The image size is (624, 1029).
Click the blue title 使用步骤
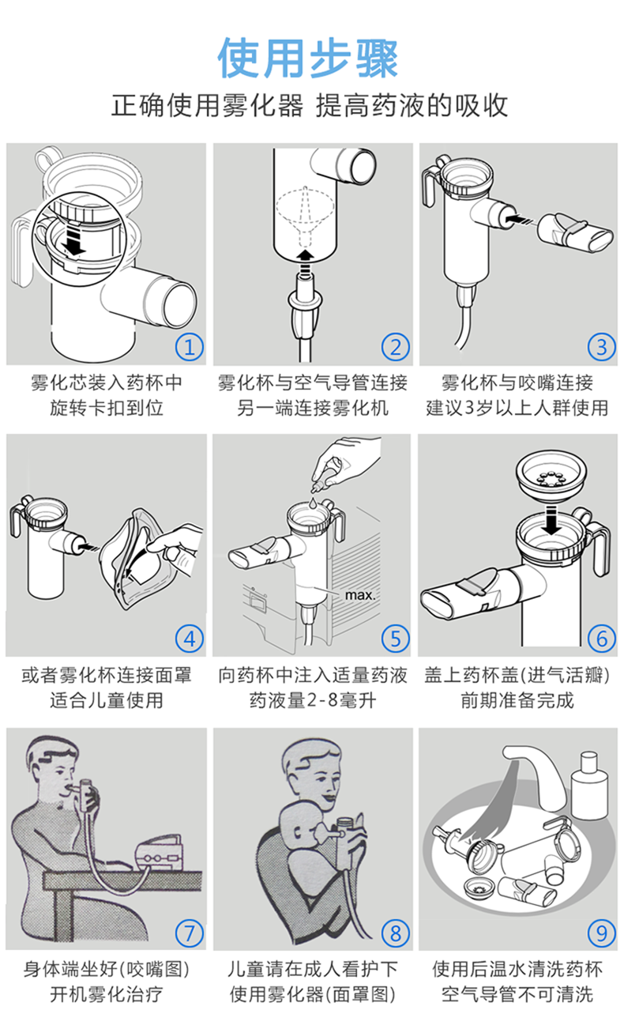[307, 58]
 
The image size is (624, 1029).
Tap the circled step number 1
[190, 347]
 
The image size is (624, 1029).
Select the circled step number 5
[396, 639]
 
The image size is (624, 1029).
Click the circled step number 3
[602, 347]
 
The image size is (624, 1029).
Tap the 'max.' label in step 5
[360, 595]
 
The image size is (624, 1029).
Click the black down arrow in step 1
[73, 238]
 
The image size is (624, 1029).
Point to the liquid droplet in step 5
[313, 502]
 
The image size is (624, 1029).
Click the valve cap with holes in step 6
[551, 477]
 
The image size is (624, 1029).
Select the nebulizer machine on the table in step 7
[159, 852]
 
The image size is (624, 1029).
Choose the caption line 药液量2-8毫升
[313, 700]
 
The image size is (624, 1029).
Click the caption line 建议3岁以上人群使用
[517, 408]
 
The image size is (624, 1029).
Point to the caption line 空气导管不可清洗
[517, 993]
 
